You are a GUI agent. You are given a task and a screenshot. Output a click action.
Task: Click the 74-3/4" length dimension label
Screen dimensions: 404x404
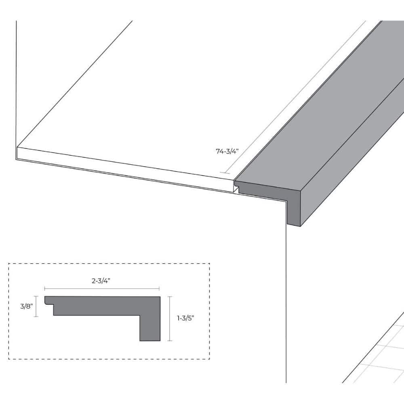click(x=227, y=151)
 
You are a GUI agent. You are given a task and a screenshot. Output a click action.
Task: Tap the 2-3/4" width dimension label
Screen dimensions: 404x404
click(x=101, y=281)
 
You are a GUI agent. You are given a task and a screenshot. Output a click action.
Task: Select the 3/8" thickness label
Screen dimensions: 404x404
click(x=27, y=306)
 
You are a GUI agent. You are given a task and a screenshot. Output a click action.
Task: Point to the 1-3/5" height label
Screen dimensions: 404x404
click(x=185, y=318)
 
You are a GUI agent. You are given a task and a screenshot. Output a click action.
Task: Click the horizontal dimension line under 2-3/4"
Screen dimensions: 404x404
click(x=102, y=288)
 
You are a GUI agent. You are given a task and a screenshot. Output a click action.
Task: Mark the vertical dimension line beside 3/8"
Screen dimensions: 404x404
click(x=36, y=306)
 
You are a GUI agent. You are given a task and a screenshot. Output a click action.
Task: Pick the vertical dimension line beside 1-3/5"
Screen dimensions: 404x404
click(x=170, y=319)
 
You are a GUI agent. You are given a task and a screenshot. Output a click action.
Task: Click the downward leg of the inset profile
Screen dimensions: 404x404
click(x=150, y=328)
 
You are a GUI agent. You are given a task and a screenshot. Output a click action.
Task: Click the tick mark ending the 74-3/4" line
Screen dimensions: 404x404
click(x=225, y=173)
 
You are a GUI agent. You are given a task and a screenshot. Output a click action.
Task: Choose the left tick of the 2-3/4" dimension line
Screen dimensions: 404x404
click(x=44, y=288)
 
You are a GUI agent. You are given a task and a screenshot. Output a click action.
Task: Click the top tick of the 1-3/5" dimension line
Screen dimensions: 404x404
click(x=170, y=297)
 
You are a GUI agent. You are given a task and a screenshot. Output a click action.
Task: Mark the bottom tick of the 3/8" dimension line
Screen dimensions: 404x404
click(x=36, y=316)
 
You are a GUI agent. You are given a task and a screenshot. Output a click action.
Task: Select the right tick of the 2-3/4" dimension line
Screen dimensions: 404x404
click(x=159, y=288)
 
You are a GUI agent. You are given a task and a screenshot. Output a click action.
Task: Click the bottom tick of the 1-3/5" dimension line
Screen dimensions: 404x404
click(x=170, y=341)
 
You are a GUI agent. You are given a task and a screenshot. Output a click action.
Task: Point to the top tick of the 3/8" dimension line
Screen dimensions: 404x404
click(x=36, y=296)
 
